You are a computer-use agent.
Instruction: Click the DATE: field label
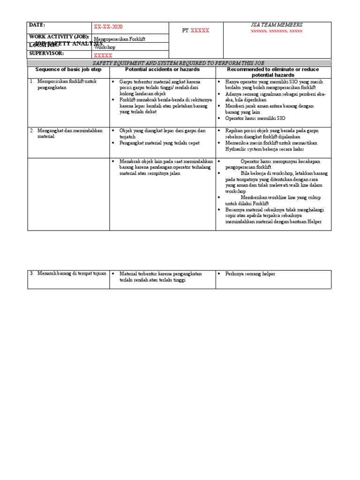37,25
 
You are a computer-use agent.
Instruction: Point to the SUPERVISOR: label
46,53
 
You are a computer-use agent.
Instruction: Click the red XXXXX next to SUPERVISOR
103,55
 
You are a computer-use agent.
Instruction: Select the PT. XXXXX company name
195,30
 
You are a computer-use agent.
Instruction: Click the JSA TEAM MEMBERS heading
277,25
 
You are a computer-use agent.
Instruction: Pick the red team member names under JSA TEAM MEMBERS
277,31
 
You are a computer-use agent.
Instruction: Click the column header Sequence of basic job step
68,69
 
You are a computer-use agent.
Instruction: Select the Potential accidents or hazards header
162,69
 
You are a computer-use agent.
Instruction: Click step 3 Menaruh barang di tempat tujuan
68,273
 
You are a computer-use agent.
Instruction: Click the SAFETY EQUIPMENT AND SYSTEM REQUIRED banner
180,63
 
